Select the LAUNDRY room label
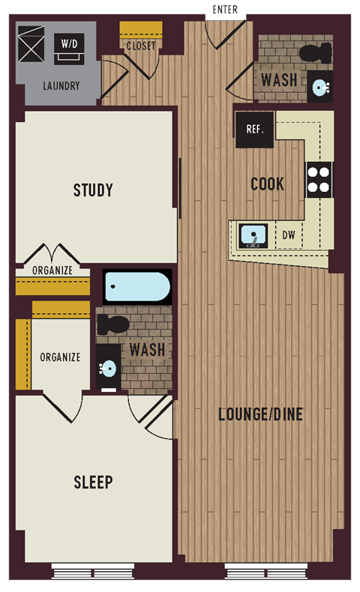click(x=61, y=86)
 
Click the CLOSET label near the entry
click(x=140, y=46)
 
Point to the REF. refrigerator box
click(x=255, y=130)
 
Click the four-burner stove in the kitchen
click(x=319, y=179)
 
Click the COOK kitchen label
click(x=267, y=184)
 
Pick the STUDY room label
click(x=93, y=190)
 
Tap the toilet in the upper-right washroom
click(x=315, y=53)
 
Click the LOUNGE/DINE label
click(x=260, y=414)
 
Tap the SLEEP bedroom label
click(x=93, y=482)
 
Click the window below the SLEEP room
click(x=93, y=571)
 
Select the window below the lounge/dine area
click(x=266, y=571)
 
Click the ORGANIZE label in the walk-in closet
click(x=60, y=357)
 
